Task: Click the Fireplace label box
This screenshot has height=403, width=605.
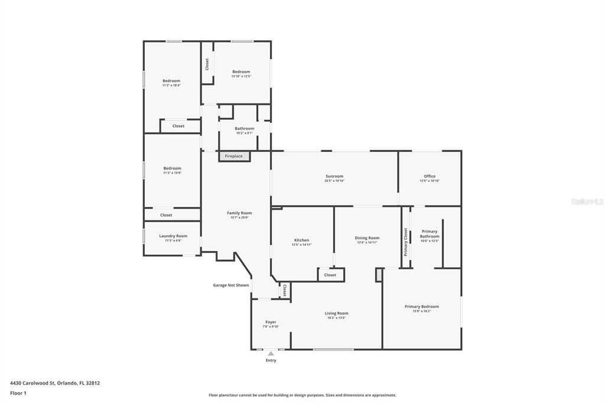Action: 234,156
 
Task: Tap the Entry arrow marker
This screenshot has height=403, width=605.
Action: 271,353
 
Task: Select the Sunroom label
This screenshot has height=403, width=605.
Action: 334,176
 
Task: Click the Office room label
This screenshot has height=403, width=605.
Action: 430,176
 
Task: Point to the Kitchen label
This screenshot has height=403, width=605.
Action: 302,240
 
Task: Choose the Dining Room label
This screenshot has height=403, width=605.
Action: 367,238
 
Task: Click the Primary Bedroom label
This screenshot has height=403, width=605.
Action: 422,306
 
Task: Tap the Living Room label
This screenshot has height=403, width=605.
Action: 336,313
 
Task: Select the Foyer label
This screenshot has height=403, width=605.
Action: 271,322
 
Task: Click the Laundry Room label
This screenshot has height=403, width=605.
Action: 173,236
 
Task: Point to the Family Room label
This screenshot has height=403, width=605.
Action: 239,213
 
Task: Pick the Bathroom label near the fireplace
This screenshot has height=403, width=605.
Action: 244,128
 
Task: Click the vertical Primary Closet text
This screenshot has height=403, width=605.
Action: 406,242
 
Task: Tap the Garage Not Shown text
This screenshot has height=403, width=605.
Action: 231,285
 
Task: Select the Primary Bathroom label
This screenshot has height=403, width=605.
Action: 430,233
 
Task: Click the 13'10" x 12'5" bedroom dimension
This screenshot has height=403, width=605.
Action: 241,76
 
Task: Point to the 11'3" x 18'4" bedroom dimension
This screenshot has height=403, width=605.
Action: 171,85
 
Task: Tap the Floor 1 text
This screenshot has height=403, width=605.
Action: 18,393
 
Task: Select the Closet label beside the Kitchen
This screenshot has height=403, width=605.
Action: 330,275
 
